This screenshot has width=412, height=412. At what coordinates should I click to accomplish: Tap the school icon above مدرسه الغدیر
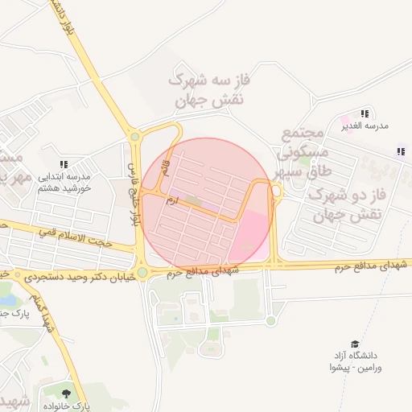[365, 113]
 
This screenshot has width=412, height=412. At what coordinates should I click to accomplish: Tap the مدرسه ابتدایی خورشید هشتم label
[64, 181]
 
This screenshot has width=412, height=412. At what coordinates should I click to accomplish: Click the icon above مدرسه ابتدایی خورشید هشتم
[64, 164]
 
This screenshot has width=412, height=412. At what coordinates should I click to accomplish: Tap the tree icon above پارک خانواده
[65, 393]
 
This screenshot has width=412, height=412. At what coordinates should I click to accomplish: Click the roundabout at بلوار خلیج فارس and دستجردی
[142, 272]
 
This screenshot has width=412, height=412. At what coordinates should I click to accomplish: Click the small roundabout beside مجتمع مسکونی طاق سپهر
[276, 191]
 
